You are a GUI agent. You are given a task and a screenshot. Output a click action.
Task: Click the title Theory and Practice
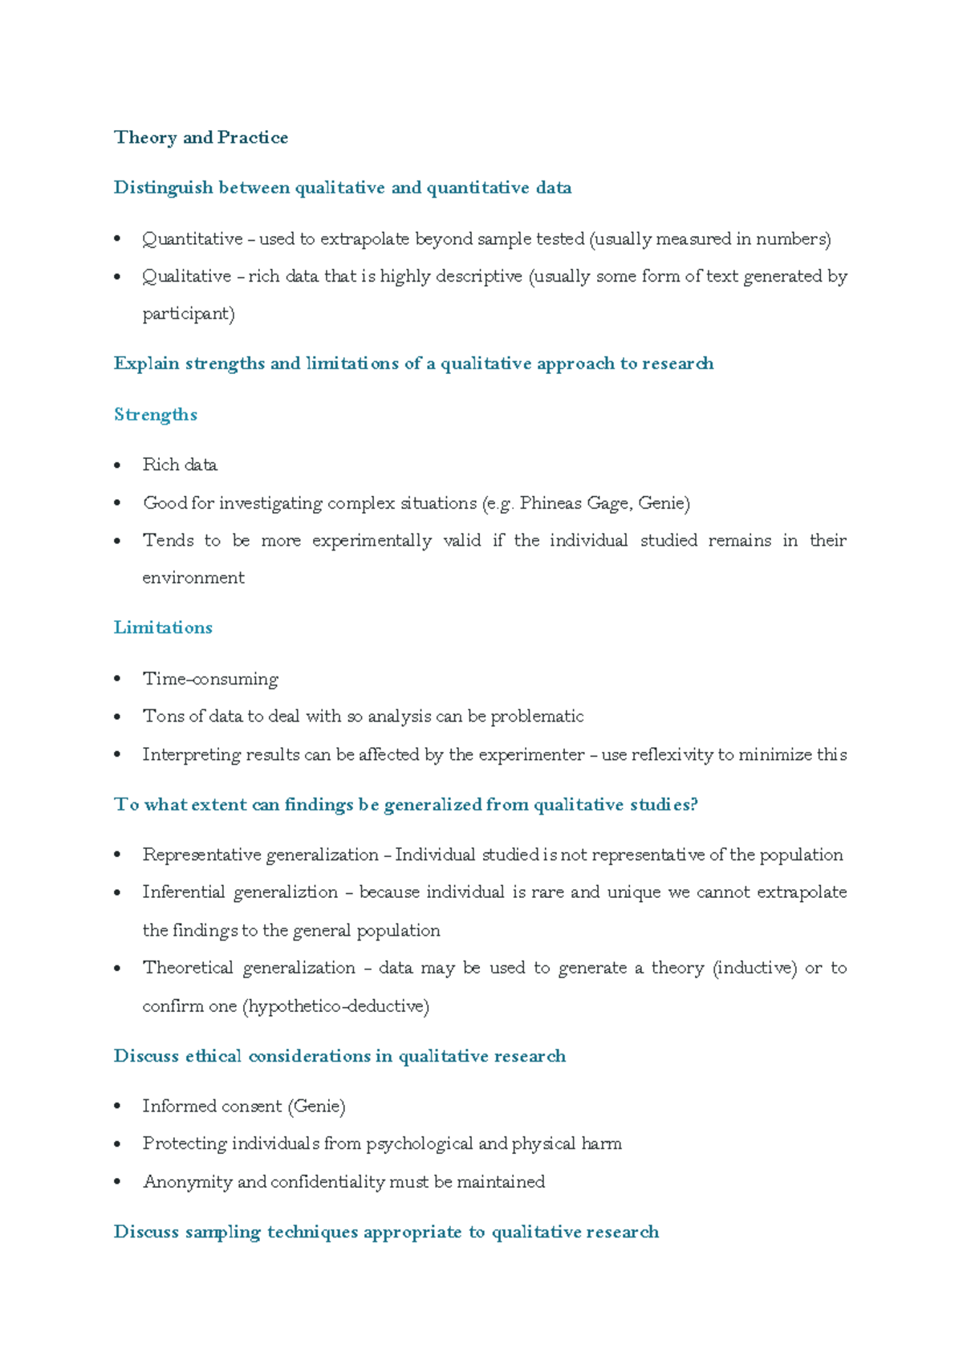[x=201, y=137]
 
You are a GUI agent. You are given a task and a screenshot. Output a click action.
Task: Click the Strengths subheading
[x=155, y=414]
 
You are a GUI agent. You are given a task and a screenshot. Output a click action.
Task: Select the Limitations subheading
[x=163, y=628]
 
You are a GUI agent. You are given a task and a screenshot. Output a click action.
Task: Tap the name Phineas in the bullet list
[x=551, y=503]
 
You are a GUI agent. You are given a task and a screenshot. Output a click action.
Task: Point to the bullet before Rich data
[x=118, y=465]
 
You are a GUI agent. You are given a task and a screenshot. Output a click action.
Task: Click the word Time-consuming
[x=210, y=679]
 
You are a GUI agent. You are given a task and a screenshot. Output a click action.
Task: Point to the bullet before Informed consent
[x=118, y=1107]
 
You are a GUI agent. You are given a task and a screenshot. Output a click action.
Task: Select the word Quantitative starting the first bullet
[x=193, y=239]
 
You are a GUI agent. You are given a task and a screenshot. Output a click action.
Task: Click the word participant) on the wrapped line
[x=189, y=314]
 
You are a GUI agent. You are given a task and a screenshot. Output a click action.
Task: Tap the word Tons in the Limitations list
[x=163, y=716]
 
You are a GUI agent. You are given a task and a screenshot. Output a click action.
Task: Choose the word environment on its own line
[x=193, y=578]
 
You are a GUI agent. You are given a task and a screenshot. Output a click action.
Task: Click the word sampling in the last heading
[x=222, y=1232]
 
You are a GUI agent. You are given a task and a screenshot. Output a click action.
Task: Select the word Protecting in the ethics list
[x=184, y=1144]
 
